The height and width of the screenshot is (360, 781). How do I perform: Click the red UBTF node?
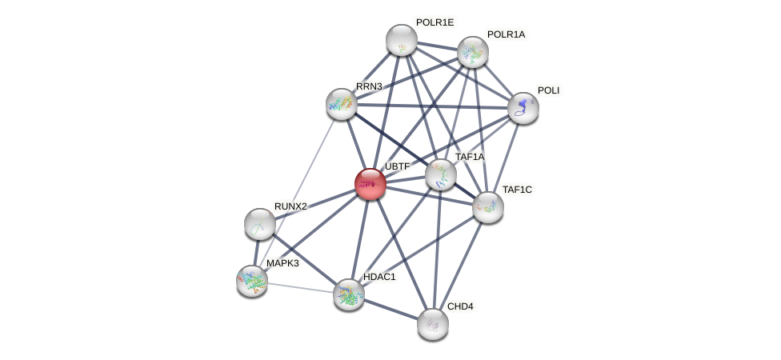click(x=370, y=184)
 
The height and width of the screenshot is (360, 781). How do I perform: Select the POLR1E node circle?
click(x=402, y=40)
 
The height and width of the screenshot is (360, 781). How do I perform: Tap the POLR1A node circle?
click(x=473, y=52)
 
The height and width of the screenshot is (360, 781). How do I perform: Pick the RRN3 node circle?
click(x=342, y=104)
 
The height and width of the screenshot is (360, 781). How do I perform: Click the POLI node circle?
click(x=523, y=108)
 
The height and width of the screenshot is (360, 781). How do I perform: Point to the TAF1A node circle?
click(x=441, y=174)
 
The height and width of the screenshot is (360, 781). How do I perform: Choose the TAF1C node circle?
click(x=488, y=207)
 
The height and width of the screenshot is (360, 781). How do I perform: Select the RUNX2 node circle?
click(x=260, y=224)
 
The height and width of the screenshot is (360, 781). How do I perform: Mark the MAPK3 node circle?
click(x=252, y=280)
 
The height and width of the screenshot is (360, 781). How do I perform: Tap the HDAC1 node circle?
click(x=349, y=294)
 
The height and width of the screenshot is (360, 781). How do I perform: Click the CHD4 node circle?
click(x=433, y=324)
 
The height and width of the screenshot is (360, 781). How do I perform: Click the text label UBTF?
click(x=397, y=166)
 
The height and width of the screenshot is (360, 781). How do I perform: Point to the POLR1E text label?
click(x=435, y=22)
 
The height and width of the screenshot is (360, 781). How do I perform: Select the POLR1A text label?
click(x=506, y=34)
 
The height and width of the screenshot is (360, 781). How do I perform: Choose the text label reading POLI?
click(x=548, y=90)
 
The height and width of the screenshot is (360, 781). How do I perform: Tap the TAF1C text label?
click(x=517, y=190)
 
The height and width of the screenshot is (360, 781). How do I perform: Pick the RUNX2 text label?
click(x=290, y=206)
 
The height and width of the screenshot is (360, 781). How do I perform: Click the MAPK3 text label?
click(x=282, y=263)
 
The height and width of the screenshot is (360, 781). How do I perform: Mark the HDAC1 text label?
click(x=379, y=277)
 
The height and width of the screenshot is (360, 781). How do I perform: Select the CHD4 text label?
click(x=460, y=306)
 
